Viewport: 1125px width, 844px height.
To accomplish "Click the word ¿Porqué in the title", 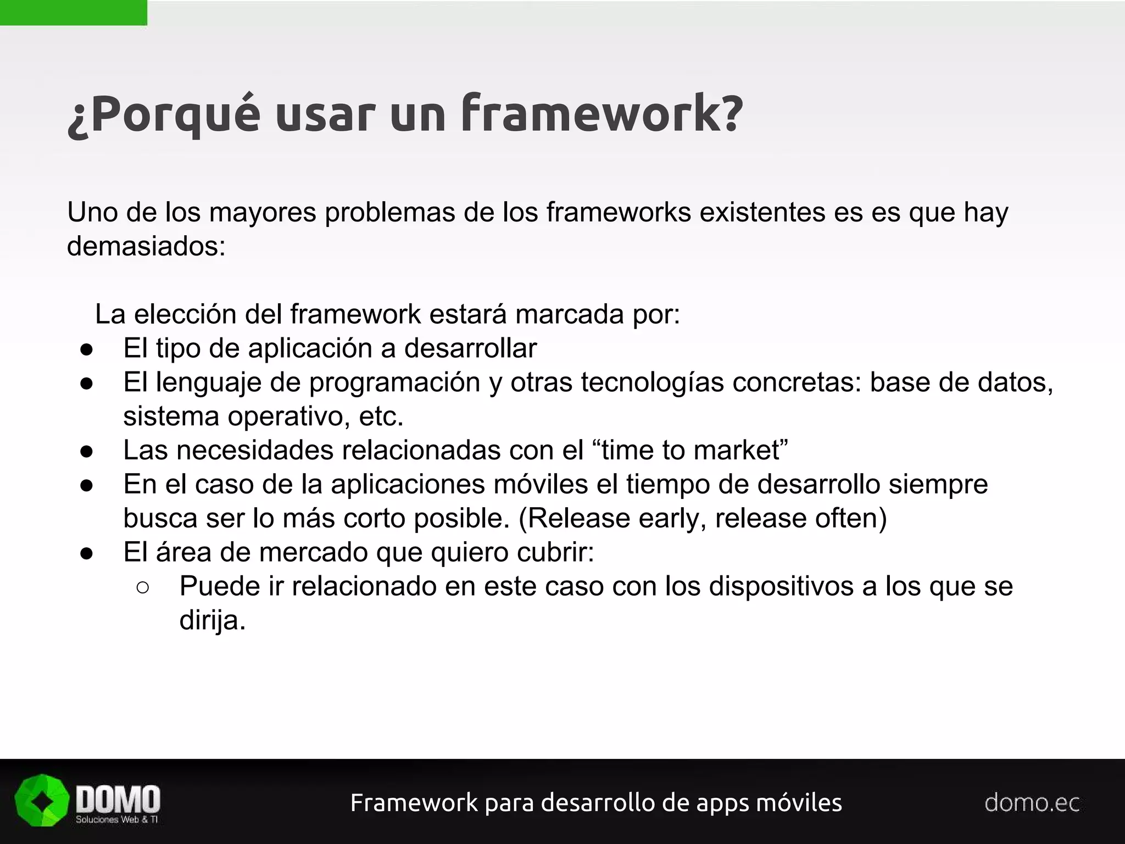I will point(164,114).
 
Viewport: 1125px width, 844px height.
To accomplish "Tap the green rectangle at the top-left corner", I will point(73,12).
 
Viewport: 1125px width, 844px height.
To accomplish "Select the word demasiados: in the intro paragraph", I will point(146,246).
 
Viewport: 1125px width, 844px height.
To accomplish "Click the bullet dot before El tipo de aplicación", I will point(87,349).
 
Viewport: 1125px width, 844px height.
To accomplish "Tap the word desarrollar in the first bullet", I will point(470,348).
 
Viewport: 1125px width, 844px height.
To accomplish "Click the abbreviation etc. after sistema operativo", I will point(381,417).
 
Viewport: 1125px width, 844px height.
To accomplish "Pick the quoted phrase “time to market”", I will point(690,450).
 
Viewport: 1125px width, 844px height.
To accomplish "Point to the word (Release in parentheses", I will point(574,518).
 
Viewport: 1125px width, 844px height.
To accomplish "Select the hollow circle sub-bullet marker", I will point(142,587).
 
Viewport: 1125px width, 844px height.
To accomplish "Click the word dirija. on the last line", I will point(212,620).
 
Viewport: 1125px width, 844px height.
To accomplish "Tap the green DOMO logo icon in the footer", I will point(42,801).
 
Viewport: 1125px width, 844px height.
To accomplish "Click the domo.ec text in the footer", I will point(1032,803).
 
